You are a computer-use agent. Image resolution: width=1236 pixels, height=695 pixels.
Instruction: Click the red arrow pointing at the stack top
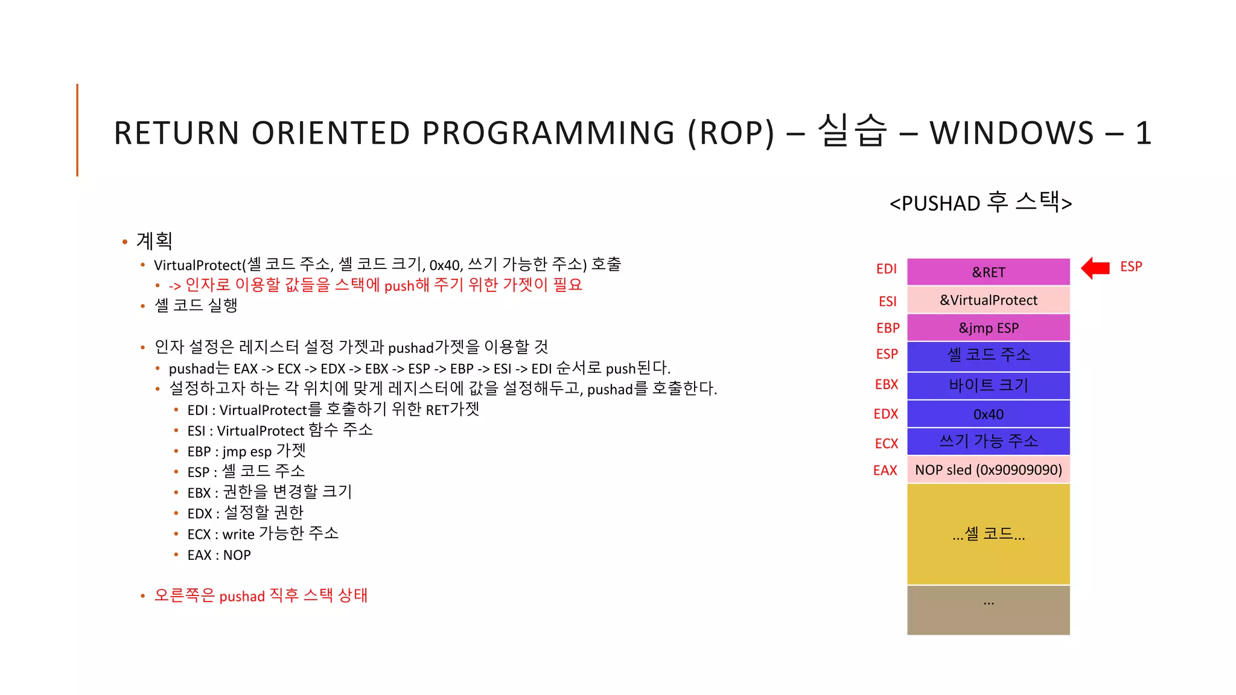(1095, 268)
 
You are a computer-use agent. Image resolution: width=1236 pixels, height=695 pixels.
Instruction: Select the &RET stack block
(988, 272)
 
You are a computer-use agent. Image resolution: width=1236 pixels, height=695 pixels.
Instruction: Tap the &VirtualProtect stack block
(988, 300)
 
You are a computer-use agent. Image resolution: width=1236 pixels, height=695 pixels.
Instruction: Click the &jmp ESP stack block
(988, 328)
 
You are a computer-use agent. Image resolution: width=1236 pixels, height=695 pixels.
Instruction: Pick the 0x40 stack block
(988, 414)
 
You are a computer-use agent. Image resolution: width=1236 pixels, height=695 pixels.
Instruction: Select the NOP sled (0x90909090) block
(988, 470)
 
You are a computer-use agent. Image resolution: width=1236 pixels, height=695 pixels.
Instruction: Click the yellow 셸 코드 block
(988, 534)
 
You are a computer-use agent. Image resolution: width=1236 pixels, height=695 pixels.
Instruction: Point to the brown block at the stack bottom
(988, 610)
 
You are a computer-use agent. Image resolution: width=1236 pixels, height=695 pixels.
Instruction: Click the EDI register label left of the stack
(886, 269)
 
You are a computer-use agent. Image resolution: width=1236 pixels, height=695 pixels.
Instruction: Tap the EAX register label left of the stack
(885, 471)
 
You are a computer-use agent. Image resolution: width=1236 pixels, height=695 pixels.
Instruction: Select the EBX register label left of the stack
(886, 384)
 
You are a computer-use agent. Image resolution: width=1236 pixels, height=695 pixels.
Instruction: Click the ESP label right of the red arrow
(1130, 267)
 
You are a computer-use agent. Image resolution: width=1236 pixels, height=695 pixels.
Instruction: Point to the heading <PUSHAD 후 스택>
(980, 203)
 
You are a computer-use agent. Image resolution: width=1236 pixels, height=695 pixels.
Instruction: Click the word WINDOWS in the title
(1011, 133)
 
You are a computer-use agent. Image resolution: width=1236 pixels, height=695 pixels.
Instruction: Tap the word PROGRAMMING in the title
(548, 133)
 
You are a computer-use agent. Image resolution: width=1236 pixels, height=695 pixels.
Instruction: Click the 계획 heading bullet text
(154, 241)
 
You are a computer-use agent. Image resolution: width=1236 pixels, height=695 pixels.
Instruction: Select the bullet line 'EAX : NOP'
(218, 555)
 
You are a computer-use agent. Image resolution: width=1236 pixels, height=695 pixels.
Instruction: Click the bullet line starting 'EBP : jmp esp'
(246, 451)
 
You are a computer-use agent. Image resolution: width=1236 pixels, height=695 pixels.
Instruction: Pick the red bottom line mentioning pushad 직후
(261, 595)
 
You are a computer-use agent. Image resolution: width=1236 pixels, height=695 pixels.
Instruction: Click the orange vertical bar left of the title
(77, 130)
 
